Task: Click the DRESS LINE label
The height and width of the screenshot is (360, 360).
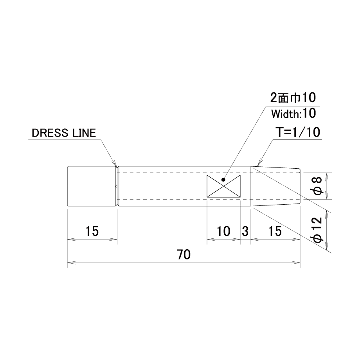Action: tap(64, 133)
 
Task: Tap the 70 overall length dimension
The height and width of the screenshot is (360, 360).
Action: tap(184, 255)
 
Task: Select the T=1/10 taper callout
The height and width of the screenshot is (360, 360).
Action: tap(298, 132)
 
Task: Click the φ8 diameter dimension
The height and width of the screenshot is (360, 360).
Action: tap(318, 186)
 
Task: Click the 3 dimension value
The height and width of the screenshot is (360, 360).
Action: tap(245, 231)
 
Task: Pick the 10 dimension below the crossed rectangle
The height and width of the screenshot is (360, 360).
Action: tap(223, 231)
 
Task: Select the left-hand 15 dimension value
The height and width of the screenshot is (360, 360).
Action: tap(92, 231)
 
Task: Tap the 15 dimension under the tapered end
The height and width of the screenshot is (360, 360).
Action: tap(275, 231)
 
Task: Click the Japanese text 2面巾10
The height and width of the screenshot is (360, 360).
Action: tap(293, 98)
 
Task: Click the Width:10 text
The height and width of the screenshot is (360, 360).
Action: tap(293, 113)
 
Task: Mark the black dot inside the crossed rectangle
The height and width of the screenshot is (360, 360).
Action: tap(223, 180)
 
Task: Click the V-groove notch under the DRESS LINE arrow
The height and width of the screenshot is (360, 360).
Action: tap(117, 167)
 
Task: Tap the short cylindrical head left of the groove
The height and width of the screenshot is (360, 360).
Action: tap(91, 186)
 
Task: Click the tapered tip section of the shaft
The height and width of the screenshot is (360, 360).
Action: tap(275, 186)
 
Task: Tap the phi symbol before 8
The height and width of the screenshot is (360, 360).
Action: tap(318, 191)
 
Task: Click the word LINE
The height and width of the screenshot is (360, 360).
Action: tap(84, 133)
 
